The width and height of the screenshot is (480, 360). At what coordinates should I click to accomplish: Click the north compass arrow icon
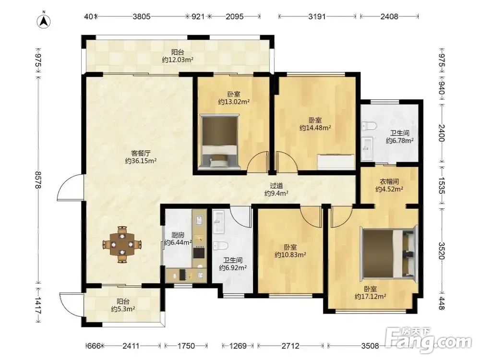pyautogui.click(x=44, y=21)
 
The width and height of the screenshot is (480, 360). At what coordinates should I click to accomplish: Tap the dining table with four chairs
pyautogui.click(x=122, y=244)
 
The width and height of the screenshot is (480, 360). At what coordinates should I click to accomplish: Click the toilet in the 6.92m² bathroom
pyautogui.click(x=220, y=246)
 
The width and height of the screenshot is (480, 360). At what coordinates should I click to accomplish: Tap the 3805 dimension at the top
pyautogui.click(x=142, y=16)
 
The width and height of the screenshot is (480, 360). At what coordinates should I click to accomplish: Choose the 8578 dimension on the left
pyautogui.click(x=38, y=180)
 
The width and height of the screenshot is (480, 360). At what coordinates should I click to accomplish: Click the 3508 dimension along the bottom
pyautogui.click(x=370, y=346)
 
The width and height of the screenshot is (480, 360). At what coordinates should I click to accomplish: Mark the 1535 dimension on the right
pyautogui.click(x=441, y=185)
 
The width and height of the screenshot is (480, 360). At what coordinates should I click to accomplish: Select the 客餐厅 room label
pyautogui.click(x=141, y=153)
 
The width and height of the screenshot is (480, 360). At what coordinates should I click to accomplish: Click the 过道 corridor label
pyautogui.click(x=276, y=185)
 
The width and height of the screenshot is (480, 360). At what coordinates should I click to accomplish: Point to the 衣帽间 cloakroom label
pyautogui.click(x=389, y=181)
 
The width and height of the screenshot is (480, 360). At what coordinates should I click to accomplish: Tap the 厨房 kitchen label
pyautogui.click(x=178, y=235)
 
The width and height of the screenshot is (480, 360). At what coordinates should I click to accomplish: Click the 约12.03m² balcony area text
pyautogui.click(x=178, y=60)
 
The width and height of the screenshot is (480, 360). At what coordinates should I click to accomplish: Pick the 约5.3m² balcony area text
pyautogui.click(x=123, y=309)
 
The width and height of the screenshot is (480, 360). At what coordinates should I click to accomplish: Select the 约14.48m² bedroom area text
pyautogui.click(x=315, y=128)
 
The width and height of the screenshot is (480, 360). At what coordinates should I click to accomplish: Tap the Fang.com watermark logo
pyautogui.click(x=429, y=340)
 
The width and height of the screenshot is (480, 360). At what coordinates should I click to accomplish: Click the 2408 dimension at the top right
pyautogui.click(x=389, y=16)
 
